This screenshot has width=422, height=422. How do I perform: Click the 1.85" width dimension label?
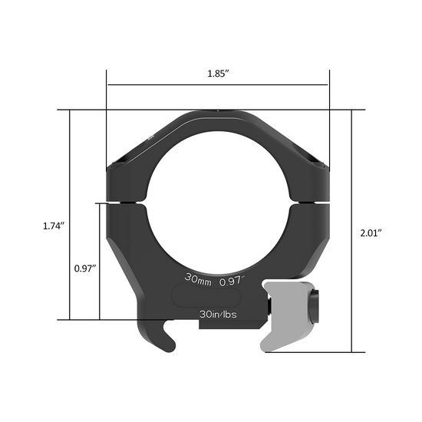click(217, 75)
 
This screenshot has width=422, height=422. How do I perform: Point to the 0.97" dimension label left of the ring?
click(84, 269)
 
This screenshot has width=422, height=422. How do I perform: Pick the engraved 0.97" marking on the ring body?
click(231, 281)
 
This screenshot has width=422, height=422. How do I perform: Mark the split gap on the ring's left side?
click(126, 203)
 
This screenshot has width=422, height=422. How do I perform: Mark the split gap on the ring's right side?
click(310, 203)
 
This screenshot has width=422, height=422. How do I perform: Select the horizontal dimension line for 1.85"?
click(217, 84)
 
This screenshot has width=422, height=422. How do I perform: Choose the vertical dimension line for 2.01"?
click(351, 230)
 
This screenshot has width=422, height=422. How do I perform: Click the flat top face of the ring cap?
click(217, 113)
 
